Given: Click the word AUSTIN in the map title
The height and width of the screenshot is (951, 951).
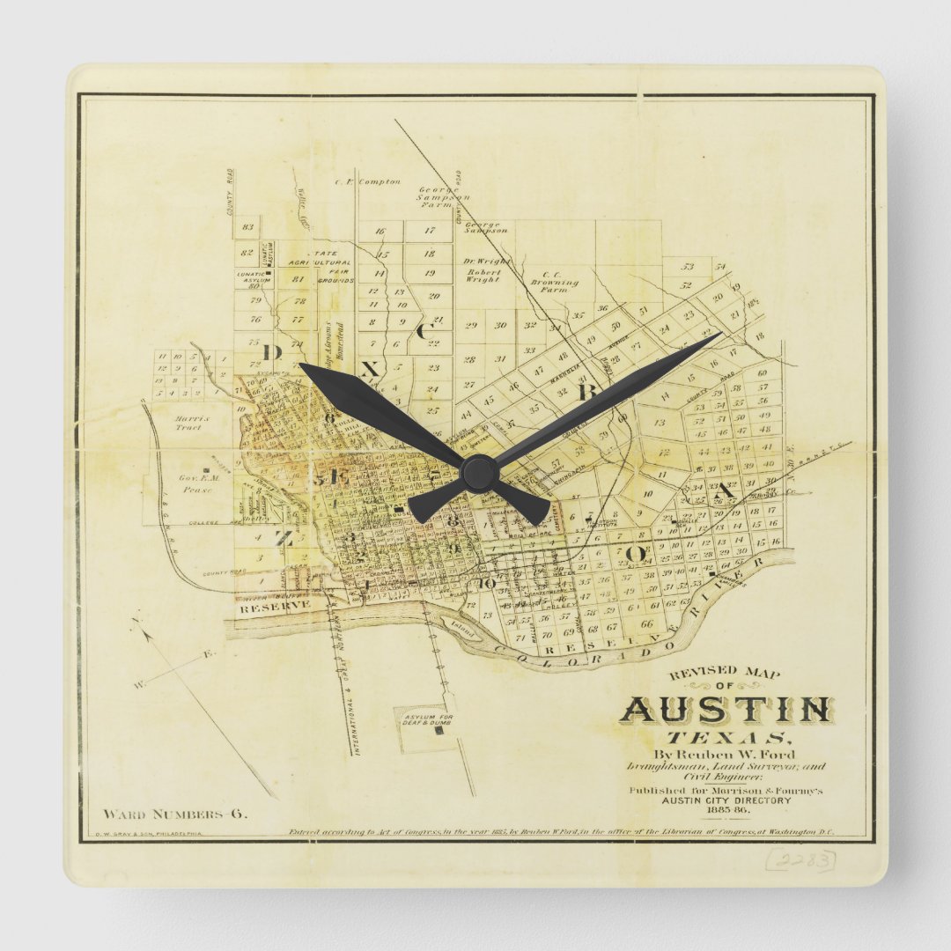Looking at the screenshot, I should (726, 710).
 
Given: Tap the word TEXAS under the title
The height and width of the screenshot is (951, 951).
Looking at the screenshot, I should (727, 738).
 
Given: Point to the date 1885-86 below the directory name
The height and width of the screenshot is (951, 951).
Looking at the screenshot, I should (728, 810).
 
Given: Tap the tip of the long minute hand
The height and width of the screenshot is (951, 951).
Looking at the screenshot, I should (719, 334).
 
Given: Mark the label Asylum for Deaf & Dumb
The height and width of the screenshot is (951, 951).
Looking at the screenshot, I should (428, 719).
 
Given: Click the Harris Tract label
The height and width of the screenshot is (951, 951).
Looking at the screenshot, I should (188, 423).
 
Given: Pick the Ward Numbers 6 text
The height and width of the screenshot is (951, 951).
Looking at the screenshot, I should (175, 814).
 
